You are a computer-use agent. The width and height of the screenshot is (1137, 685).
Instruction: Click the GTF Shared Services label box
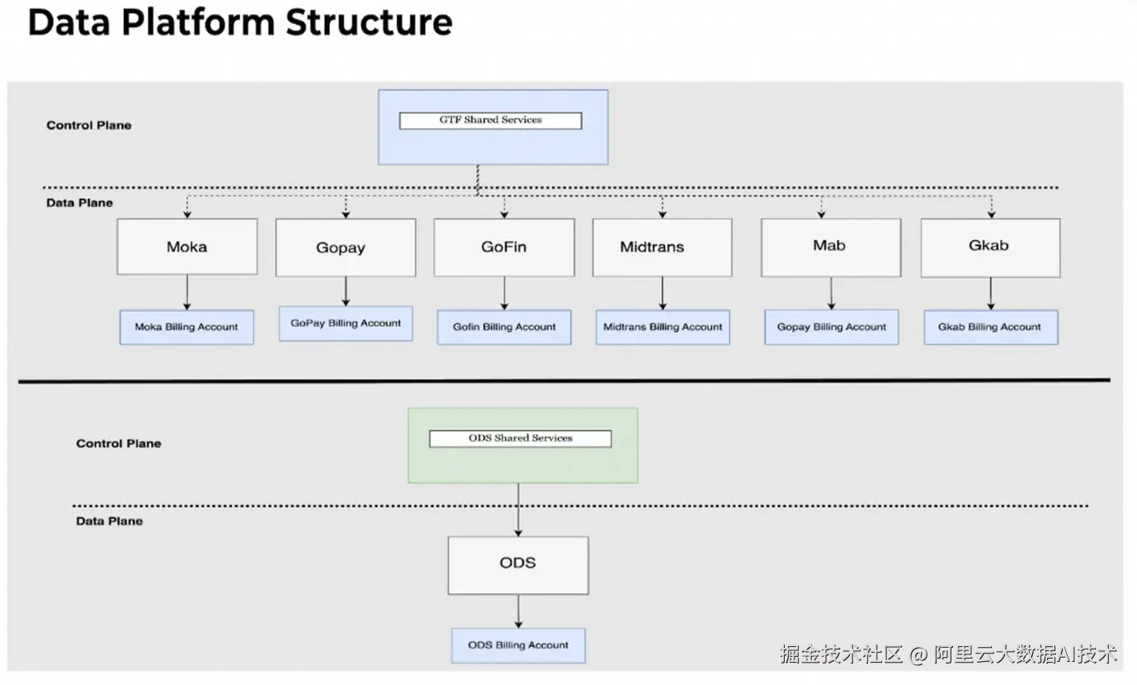pos(490,120)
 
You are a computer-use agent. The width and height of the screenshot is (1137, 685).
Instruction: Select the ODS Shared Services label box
pos(521,439)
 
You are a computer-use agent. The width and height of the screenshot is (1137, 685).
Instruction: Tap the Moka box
pos(186,247)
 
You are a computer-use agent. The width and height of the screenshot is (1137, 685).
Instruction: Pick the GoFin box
pos(504,248)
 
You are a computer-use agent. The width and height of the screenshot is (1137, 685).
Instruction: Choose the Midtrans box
pos(662,248)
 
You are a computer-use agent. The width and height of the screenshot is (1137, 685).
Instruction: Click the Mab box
pos(831,248)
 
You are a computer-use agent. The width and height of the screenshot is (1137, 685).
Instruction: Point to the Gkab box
pos(990,248)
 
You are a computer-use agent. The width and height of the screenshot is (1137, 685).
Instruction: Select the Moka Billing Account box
pos(186,327)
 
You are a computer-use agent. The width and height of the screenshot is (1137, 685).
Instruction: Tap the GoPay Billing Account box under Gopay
pos(346,324)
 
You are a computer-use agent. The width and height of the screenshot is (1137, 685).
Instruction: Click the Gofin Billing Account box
pos(504,327)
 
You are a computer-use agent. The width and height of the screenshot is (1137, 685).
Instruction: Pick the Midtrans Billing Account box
pos(663,327)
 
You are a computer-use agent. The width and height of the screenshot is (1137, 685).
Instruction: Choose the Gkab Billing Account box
pos(991,327)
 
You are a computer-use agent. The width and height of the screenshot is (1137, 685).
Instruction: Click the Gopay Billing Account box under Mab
pos(832,327)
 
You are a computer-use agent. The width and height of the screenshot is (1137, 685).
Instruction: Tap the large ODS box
pos(518,565)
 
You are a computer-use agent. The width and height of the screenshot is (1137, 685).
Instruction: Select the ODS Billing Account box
pos(518,645)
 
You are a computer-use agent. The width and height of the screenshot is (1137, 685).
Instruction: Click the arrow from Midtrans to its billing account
pos(663,293)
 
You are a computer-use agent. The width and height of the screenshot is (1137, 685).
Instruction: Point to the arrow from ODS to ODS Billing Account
pos(518,612)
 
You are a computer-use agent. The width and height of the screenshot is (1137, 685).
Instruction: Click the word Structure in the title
pos(369,22)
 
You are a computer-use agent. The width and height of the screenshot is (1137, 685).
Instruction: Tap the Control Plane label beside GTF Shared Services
pos(89,125)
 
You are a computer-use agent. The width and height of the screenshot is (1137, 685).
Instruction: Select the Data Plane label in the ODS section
pos(109,521)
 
